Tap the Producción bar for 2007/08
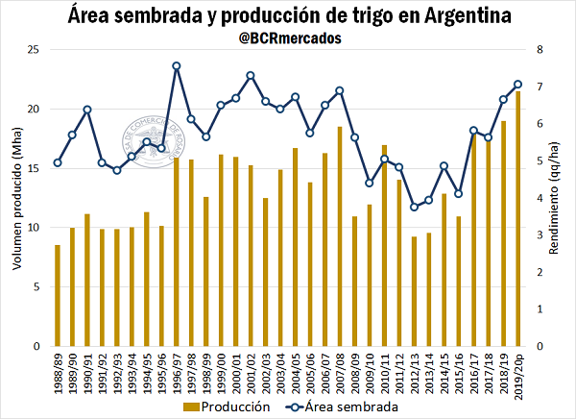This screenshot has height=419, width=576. point(339,236)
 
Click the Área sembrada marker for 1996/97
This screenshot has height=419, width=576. point(177,66)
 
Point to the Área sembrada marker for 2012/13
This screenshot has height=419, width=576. point(415,207)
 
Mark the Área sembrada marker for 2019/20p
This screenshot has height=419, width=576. point(519,84)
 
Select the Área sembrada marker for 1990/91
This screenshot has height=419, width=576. point(87,110)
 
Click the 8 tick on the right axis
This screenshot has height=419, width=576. point(540,50)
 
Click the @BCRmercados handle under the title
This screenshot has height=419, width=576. point(288,38)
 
